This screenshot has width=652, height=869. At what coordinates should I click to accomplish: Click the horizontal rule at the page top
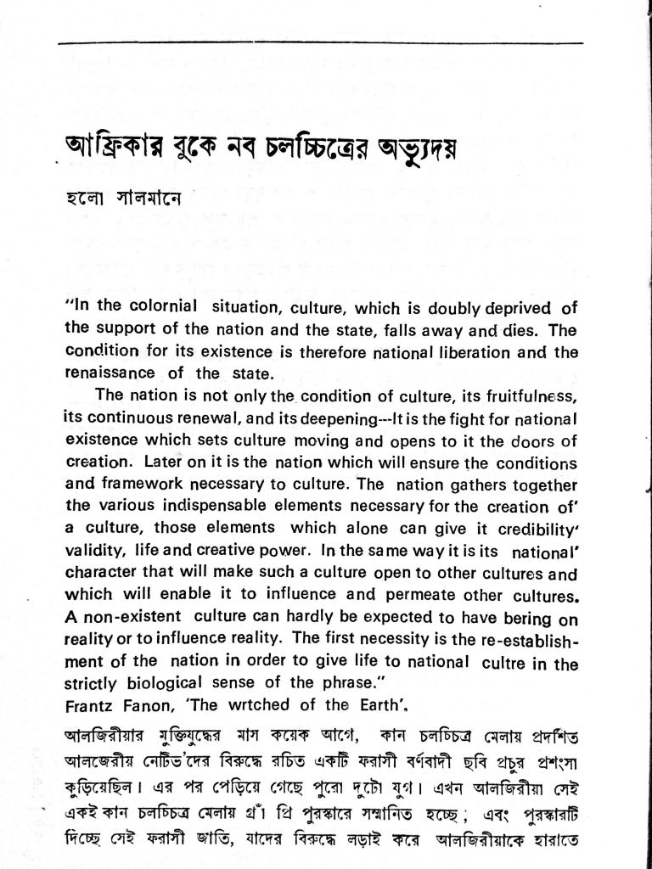point(322,43)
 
